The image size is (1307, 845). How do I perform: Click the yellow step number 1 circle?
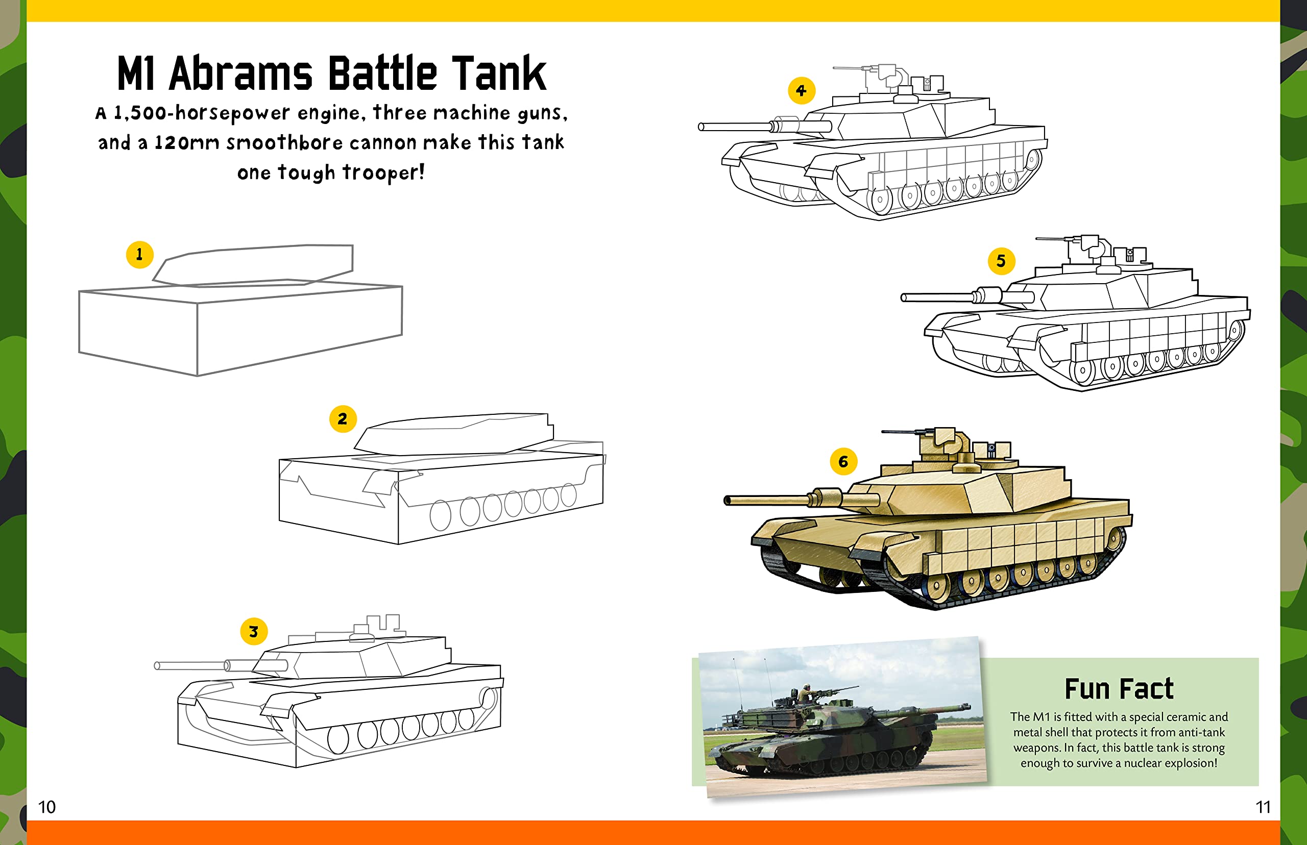point(139,255)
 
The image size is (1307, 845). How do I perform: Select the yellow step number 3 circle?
point(254,632)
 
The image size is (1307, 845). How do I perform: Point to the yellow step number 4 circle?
point(801,90)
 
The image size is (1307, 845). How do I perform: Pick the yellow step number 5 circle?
point(1001,261)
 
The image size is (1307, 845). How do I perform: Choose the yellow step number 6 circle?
point(843,462)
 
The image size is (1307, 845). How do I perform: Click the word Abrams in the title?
point(240,73)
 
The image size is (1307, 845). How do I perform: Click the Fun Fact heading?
point(1119,689)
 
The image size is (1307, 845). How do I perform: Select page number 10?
point(46,807)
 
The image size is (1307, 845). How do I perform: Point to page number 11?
point(1263,807)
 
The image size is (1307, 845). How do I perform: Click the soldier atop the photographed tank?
point(806,692)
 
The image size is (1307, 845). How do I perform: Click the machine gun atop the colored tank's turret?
point(906,433)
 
